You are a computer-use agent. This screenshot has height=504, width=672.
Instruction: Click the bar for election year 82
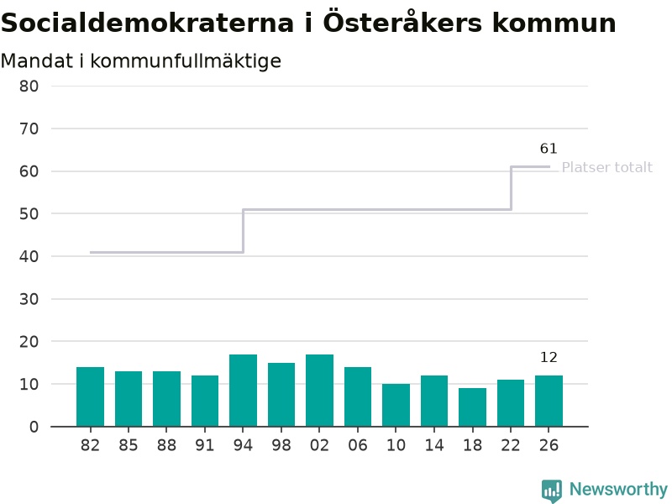point(90,396)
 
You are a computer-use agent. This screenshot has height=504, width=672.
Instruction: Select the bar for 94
point(243,391)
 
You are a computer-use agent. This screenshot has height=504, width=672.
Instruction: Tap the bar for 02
point(320,391)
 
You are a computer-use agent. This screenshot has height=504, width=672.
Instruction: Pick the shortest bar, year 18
point(472,407)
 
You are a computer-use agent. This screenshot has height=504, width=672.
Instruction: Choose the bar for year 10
point(396,405)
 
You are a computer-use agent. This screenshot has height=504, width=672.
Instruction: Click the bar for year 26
point(549,401)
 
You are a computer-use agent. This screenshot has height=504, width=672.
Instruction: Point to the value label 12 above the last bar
point(549,357)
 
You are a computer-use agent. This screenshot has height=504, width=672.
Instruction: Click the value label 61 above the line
point(549,149)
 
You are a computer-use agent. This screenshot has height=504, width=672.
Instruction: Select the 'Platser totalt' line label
point(606,167)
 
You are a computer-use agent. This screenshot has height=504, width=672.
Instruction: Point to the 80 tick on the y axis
point(29,87)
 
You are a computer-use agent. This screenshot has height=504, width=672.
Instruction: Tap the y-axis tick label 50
point(29,214)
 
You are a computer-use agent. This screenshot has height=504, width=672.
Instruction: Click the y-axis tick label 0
point(34,427)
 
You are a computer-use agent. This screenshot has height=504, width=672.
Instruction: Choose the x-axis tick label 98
point(281,445)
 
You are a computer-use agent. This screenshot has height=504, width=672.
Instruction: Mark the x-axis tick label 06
point(358,445)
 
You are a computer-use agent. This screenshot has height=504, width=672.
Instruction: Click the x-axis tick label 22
point(511,445)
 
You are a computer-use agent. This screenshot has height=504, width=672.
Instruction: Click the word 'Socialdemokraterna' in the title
point(148,23)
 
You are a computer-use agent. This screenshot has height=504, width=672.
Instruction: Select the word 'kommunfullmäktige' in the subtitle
point(186,60)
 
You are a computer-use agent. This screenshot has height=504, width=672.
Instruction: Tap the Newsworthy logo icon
point(552,491)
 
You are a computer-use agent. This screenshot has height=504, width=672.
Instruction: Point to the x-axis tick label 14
point(434,445)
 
